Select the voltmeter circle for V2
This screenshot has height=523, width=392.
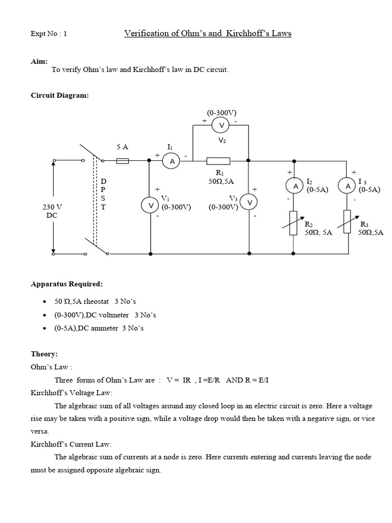[222, 126]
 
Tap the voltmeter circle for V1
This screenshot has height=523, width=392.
[150, 205]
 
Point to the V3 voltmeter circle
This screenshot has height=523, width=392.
[249, 202]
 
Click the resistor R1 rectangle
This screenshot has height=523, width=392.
[218, 161]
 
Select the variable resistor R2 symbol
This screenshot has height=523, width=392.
[293, 223]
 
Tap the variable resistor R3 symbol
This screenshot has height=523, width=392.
[347, 222]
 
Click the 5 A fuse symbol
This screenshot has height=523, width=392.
[122, 161]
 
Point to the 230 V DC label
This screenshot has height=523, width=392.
[52, 211]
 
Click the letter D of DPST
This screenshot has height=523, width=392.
[103, 181]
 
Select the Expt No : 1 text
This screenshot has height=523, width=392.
[48, 34]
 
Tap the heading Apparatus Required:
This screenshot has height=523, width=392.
[67, 284]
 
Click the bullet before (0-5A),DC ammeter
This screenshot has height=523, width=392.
[44, 328]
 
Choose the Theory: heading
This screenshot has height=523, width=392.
[44, 354]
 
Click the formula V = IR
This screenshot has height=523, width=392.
[179, 380]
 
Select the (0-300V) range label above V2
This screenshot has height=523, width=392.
[222, 112]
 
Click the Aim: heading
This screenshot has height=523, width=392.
[39, 61]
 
